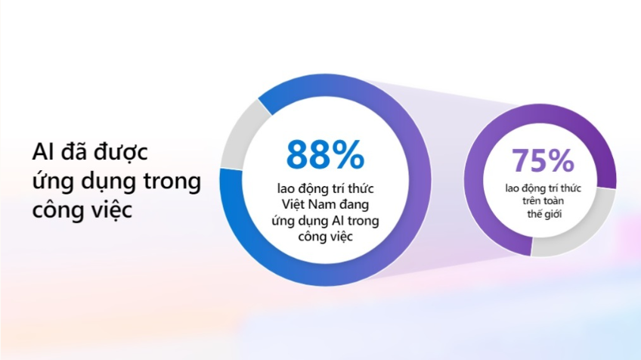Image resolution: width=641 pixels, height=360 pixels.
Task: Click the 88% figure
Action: [325, 154]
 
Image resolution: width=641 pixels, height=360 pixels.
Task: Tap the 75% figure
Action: [543, 160]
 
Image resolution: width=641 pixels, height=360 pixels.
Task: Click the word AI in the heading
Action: [43, 152]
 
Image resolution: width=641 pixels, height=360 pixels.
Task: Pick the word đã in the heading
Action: [74, 151]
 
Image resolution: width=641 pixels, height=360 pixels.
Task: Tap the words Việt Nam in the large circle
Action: [311, 204]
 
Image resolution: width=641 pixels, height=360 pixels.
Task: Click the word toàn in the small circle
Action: [553, 201]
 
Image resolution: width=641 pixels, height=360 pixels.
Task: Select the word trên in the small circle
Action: [531, 201]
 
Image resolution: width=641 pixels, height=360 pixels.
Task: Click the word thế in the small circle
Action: [534, 214]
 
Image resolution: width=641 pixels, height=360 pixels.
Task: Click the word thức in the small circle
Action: [571, 188]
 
